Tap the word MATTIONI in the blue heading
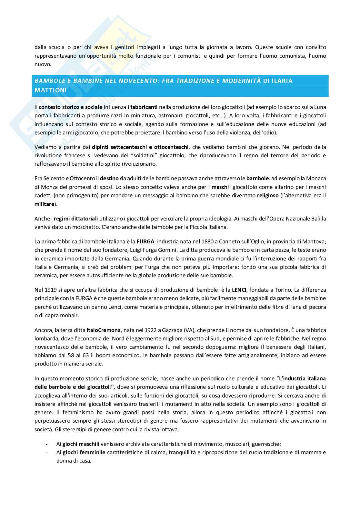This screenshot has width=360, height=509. point(51,91)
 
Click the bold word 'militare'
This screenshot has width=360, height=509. point(44,204)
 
